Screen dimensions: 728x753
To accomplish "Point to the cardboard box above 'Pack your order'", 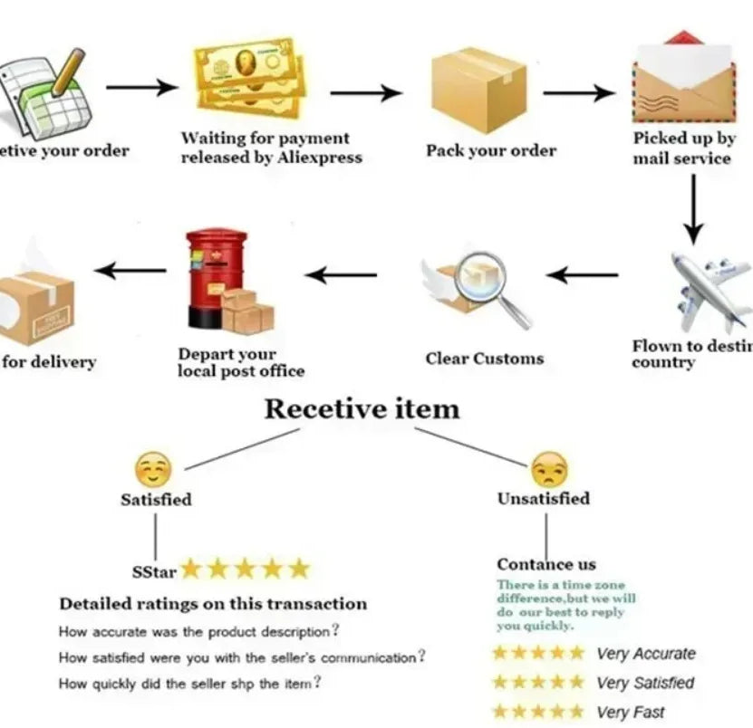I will [478, 88].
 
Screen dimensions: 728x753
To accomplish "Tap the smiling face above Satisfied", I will [152, 470].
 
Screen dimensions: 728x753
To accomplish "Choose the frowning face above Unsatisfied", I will [549, 469].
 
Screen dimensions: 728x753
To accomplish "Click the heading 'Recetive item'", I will [362, 408].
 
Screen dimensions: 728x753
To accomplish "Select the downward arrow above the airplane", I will [693, 209].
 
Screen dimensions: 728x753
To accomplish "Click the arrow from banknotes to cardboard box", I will [366, 92].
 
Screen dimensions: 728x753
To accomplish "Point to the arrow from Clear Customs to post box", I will [341, 274].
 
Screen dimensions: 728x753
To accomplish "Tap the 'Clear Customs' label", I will [485, 359].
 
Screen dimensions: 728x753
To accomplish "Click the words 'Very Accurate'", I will [646, 654].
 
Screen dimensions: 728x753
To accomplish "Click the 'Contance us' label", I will [546, 564].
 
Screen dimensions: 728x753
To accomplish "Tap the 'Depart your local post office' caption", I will [241, 362].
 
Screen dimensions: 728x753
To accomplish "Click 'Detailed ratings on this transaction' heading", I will [213, 603].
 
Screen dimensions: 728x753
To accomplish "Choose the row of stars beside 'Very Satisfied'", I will [538, 683].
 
